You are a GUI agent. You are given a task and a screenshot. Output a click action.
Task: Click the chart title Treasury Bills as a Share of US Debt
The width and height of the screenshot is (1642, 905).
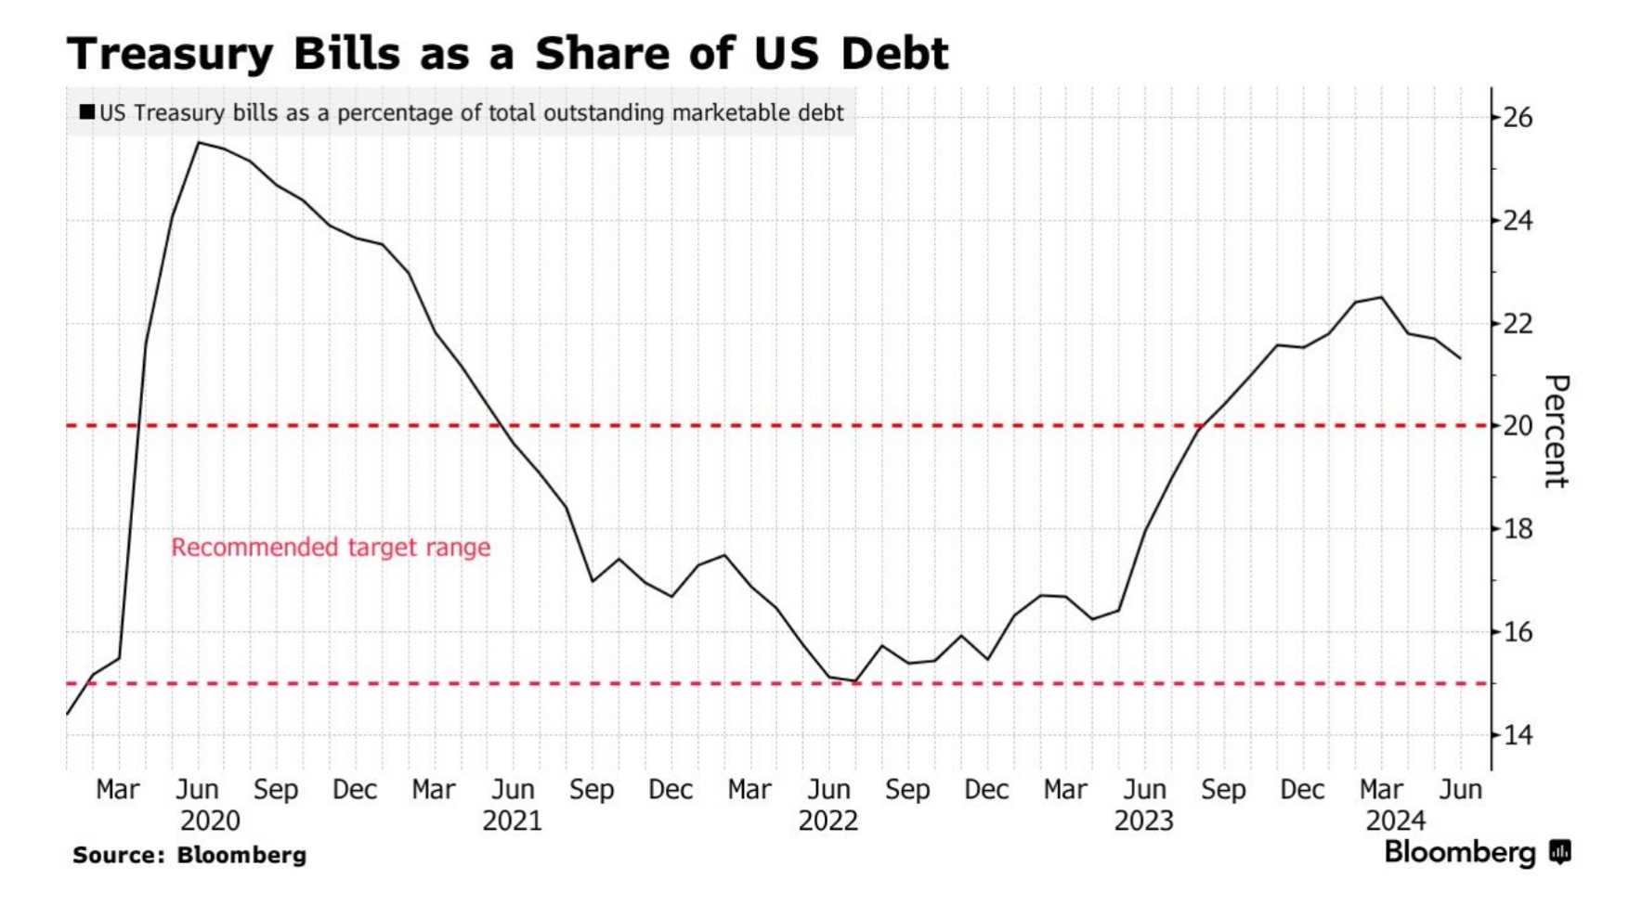(507, 53)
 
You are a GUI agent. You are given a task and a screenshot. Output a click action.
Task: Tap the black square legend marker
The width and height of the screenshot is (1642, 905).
(87, 112)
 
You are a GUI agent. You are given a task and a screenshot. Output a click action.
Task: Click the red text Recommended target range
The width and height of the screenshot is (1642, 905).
(331, 548)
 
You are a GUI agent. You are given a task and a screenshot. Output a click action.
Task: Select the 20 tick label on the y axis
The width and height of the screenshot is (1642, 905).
(1518, 426)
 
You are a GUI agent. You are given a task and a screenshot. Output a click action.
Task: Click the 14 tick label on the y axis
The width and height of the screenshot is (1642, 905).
(1518, 735)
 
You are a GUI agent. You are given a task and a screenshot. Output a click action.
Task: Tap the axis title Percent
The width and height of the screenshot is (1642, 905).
(1555, 431)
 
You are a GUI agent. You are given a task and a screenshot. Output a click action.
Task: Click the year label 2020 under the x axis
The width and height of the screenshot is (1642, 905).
(210, 821)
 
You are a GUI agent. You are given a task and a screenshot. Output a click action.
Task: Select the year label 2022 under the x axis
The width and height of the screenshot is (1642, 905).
(828, 821)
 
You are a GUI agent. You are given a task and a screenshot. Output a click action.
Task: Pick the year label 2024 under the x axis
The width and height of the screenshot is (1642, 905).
(1395, 821)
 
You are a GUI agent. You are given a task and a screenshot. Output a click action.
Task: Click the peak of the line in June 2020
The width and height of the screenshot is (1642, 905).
(198, 143)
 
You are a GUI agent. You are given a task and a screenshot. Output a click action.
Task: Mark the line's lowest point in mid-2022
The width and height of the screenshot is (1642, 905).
(855, 681)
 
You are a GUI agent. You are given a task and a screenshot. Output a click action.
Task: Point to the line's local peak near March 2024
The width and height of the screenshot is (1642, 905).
(1381, 297)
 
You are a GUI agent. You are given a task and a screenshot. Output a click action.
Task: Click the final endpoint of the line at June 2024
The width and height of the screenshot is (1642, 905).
(1460, 358)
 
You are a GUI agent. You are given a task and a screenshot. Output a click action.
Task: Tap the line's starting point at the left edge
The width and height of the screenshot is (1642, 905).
(67, 714)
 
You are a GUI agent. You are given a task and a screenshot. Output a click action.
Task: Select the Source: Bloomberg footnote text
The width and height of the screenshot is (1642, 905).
(189, 855)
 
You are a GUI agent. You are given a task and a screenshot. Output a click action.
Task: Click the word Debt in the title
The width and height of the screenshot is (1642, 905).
(895, 53)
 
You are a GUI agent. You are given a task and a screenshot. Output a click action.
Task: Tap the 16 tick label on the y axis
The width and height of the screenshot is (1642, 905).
(1518, 632)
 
